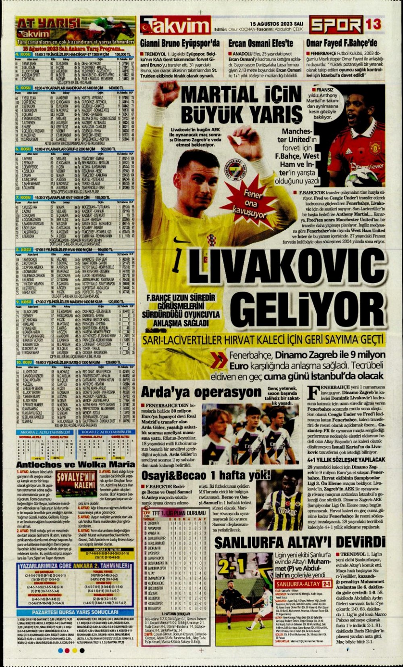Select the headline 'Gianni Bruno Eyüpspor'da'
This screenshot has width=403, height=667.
180,44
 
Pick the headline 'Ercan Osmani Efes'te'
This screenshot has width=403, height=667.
261,44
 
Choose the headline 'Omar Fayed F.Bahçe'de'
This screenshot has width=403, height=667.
342,44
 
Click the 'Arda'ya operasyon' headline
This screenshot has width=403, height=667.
201,392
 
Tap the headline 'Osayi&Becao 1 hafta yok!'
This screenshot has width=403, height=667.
206,476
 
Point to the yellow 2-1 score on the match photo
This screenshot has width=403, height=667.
232,566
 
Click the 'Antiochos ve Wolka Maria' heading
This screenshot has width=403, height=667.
75,465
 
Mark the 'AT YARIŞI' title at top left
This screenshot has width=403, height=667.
48,23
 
